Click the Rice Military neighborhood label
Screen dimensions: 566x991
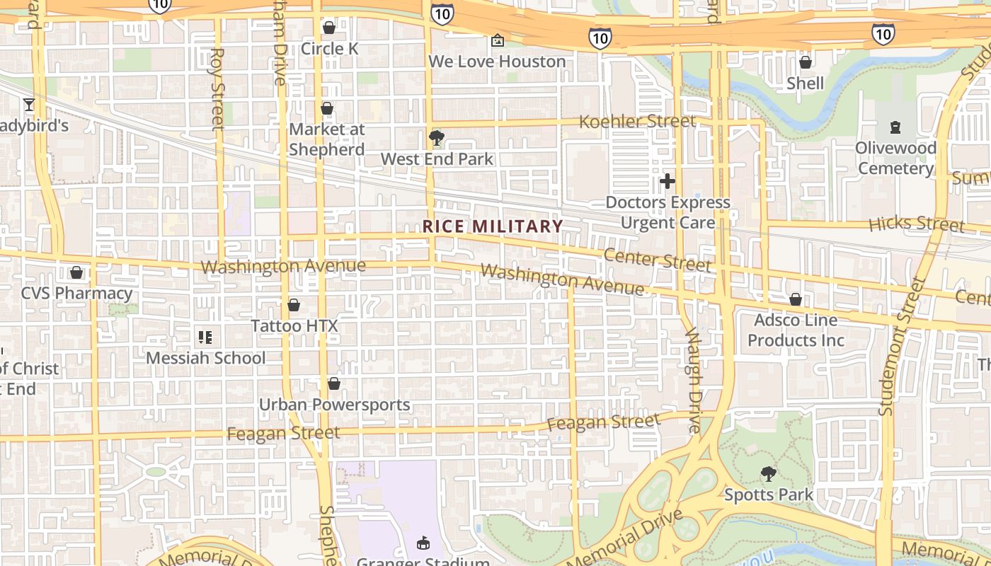(493, 226)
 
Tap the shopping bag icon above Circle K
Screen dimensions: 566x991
(328, 28)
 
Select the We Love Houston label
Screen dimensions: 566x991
(497, 62)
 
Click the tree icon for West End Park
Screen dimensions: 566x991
(437, 138)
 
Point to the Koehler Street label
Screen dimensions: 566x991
(637, 122)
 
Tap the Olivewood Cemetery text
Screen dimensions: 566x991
(895, 158)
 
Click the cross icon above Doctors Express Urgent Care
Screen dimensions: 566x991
(667, 181)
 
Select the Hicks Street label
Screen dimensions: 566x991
(916, 224)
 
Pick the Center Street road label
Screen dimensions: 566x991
(658, 259)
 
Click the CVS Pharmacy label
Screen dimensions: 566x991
(76, 293)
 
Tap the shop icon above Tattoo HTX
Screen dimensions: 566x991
(294, 305)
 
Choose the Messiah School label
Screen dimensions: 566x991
(206, 358)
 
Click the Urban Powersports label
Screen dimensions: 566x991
(335, 405)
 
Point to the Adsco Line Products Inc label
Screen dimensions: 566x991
(796, 330)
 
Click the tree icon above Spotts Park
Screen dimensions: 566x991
(768, 474)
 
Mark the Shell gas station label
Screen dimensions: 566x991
(806, 83)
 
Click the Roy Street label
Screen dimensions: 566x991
(217, 89)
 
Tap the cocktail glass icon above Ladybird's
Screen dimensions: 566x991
(29, 105)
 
